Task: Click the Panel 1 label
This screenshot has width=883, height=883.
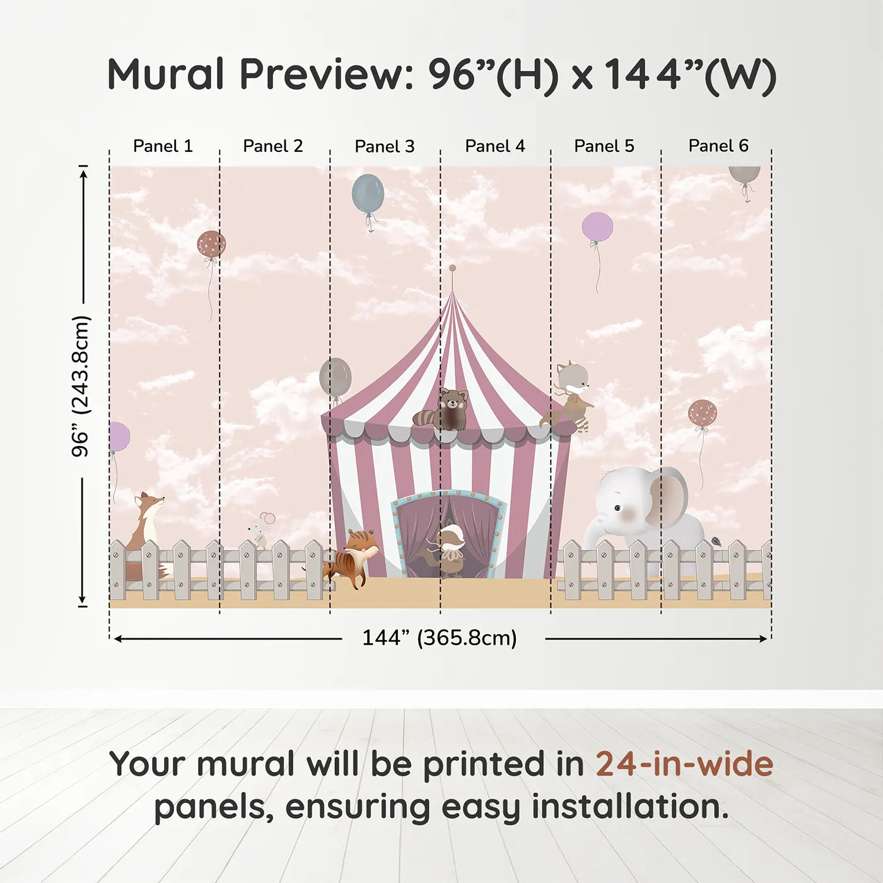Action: [x=163, y=146]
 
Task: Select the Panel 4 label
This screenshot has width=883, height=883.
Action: [x=494, y=146]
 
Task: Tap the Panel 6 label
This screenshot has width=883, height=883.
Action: [x=718, y=146]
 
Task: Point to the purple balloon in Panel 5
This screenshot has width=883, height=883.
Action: [x=597, y=227]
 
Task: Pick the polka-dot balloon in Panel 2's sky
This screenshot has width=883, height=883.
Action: [x=211, y=244]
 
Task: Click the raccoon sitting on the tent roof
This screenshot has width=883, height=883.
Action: [x=444, y=410]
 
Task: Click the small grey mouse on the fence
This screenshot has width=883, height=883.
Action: [x=260, y=530]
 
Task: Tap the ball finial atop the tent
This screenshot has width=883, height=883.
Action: [x=452, y=269]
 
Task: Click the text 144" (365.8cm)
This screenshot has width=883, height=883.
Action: [x=439, y=638]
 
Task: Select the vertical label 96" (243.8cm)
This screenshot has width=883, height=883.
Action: [x=81, y=386]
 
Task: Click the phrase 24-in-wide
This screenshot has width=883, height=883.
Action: [x=684, y=764]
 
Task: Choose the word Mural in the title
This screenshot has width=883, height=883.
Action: [x=165, y=74]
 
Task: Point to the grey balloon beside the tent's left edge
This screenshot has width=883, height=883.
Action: [x=335, y=377]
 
